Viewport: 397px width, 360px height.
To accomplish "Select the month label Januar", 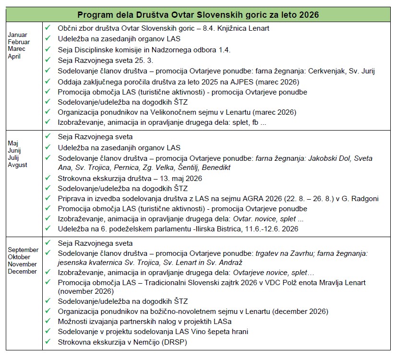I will pyautogui.click(x=17, y=35).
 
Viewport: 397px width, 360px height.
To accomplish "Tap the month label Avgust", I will pyautogui.click(x=18, y=165).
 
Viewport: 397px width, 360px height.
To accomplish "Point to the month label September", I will pyautogui.click(x=23, y=250).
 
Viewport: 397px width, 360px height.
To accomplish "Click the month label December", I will pyautogui.click(x=22, y=272).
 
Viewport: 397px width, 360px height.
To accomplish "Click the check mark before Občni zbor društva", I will pyautogui.click(x=48, y=28).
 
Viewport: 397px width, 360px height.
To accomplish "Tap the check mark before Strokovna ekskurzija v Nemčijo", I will pyautogui.click(x=48, y=342).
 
